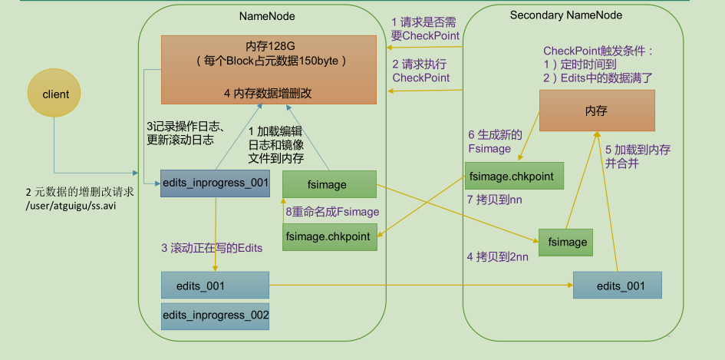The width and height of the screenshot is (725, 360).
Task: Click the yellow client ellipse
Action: (55, 94)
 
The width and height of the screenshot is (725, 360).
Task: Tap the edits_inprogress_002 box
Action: (215, 315)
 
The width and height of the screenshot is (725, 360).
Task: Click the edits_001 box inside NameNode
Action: (215, 286)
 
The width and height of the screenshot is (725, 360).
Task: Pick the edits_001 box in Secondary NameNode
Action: (617, 286)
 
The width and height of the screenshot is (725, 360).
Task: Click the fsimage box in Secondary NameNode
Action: (568, 242)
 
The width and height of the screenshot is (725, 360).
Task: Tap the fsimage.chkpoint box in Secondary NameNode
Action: (514, 176)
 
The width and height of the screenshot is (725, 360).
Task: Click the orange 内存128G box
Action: (269, 69)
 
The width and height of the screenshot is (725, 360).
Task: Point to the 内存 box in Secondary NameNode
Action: (596, 111)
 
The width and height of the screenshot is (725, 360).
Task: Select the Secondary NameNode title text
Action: (566, 15)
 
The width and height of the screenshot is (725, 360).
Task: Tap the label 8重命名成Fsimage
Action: (331, 211)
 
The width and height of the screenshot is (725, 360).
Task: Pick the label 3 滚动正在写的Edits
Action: (212, 247)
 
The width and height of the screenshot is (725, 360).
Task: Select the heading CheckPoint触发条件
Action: (598, 51)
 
